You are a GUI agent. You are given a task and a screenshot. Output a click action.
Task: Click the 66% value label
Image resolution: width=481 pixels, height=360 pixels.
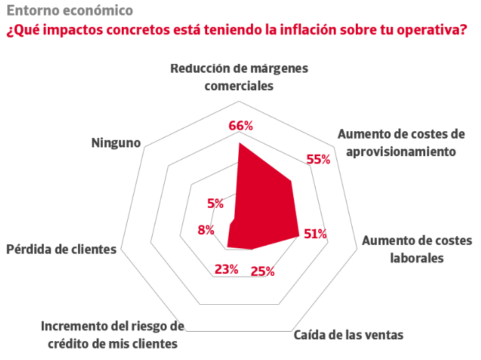coord(240,126)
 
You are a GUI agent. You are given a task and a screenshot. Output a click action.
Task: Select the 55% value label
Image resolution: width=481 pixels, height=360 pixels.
coord(318,159)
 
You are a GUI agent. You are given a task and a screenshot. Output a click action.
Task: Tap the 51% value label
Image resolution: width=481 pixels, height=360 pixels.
coord(315,234)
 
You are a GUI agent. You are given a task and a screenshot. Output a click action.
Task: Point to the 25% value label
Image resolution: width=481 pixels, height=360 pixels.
coord(262,272)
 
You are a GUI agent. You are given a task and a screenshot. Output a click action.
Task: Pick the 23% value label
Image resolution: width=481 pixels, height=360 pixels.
coord(227,270)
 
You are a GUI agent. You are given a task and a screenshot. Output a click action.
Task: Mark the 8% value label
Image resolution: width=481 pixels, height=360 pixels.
coord(206,230)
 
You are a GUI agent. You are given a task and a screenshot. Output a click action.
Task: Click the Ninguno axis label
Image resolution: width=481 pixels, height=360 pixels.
coord(116,143)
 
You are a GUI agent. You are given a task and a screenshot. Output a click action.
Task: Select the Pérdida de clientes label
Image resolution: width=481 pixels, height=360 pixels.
coord(61,249)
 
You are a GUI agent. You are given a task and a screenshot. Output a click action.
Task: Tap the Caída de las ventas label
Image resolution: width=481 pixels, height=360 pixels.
coord(348,334)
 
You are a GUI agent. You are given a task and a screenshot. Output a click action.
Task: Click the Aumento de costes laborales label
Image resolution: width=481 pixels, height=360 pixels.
coord(417,249)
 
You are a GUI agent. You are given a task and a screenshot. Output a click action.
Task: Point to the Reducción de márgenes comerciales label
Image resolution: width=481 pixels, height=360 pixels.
coord(239,77)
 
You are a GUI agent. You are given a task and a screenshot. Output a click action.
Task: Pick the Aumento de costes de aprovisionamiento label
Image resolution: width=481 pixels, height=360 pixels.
coord(401,142)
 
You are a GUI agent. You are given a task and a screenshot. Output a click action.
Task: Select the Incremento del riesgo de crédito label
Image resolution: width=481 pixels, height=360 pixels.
coord(112,334)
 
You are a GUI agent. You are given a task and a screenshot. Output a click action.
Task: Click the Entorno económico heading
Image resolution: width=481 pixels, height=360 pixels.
coord(60,11)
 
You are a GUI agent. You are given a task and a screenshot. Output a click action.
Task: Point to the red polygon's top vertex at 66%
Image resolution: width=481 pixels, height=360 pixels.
coord(239,143)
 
